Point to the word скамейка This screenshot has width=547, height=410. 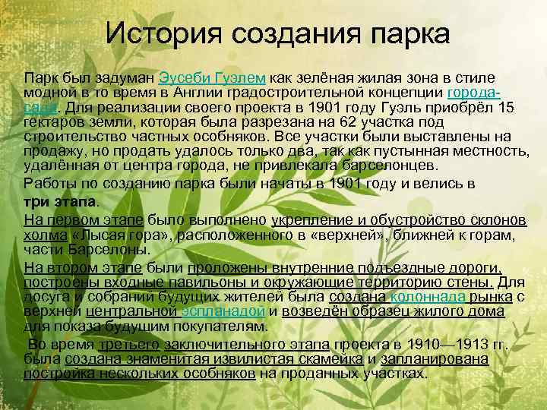click(x=324, y=359)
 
